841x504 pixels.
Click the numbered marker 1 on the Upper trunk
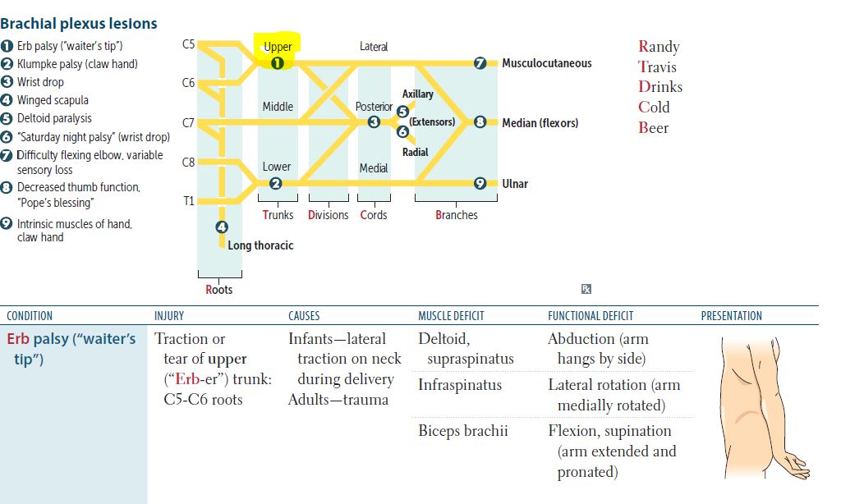[x=277, y=62]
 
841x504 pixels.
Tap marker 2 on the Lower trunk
[x=277, y=183]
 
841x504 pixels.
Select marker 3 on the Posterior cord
[x=374, y=122]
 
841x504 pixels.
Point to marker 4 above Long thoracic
[x=222, y=227]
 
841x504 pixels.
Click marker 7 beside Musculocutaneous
[x=480, y=63]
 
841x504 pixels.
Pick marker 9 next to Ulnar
[x=480, y=183]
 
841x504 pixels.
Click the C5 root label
[x=188, y=44]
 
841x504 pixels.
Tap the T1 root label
[x=189, y=200]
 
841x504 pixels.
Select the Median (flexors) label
[x=540, y=123]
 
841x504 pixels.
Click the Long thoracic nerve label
[x=260, y=245]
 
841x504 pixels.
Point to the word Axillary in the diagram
[x=417, y=94]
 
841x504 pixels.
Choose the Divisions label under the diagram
[x=328, y=215]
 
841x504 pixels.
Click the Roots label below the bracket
[x=219, y=289]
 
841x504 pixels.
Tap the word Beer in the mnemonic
[x=654, y=128]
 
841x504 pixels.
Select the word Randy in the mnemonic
[x=659, y=47]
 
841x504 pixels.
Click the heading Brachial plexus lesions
[x=79, y=25]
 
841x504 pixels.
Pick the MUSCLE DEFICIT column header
[x=451, y=316]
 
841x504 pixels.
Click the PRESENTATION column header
[x=731, y=316]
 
